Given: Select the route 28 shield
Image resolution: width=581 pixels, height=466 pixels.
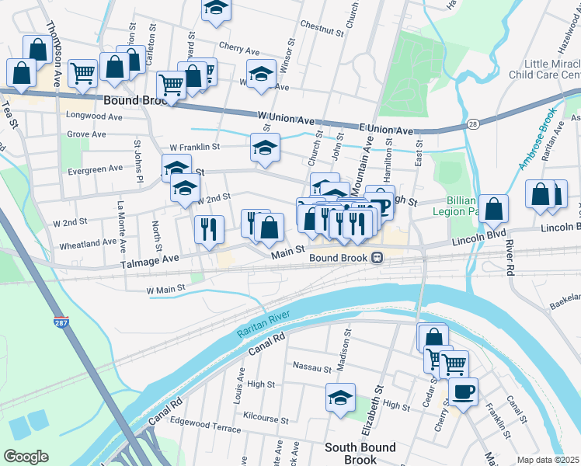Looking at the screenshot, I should pos(472,123).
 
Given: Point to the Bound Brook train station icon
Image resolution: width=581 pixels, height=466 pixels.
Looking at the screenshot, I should pos(377,258).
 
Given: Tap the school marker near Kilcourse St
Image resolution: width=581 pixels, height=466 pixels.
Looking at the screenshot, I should pos(340,398).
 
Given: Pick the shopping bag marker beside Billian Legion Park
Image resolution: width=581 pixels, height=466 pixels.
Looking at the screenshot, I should pos(493,210).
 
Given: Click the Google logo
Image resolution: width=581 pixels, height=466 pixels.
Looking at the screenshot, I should pos(25,457).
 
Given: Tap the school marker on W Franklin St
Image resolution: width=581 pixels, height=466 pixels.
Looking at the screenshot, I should pos(265,148).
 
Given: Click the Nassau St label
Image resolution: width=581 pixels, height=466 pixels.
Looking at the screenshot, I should pos(311,365).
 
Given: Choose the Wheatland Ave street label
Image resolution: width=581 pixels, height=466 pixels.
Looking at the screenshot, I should pos(88,243).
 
